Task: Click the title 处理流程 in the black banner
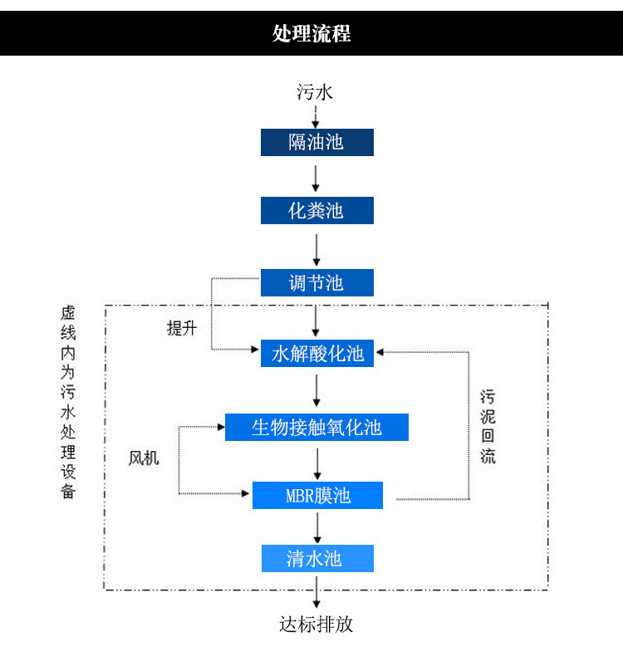[x=311, y=33]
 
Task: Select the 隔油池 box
[x=317, y=143]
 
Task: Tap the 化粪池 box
[x=317, y=210]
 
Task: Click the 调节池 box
[x=317, y=282]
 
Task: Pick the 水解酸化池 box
[x=317, y=353]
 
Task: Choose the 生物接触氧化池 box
[x=316, y=427]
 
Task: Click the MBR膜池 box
[x=317, y=495]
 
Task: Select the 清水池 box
[x=317, y=559]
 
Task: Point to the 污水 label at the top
[x=315, y=92]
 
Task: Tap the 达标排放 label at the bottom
[x=316, y=624]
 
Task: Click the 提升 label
[x=182, y=328]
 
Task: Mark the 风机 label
[x=144, y=458]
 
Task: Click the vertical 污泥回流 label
[x=488, y=427]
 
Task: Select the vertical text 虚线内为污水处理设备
[x=68, y=402]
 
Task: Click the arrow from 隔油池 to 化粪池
[x=316, y=179]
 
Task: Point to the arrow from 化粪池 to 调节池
[x=316, y=250]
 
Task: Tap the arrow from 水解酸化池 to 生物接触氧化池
[x=316, y=390]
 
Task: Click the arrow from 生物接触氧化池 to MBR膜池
[x=317, y=464]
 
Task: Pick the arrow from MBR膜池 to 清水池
[x=317, y=527]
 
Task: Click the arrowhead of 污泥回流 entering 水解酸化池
[x=380, y=352]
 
